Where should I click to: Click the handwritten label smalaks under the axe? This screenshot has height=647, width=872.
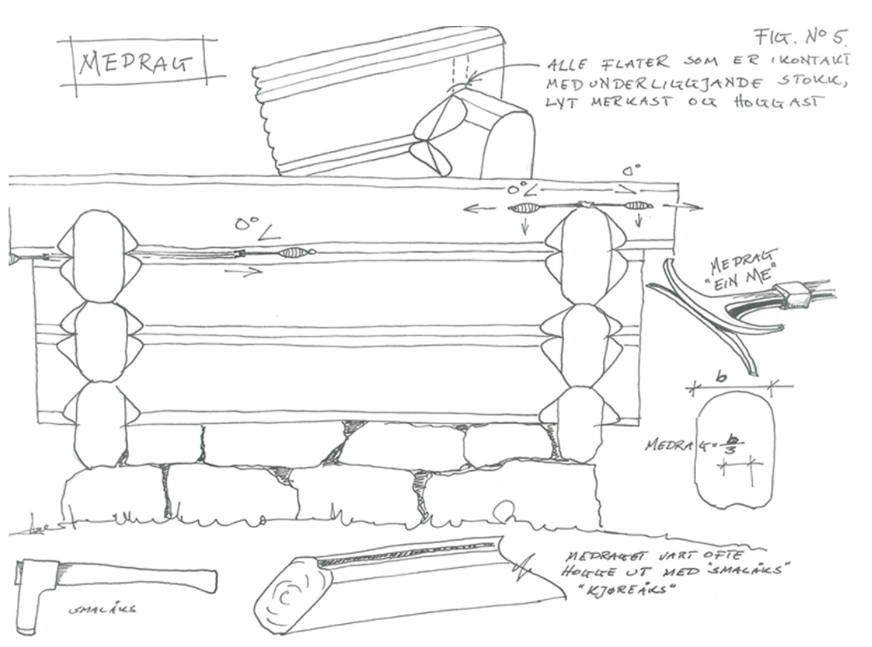point(102,609)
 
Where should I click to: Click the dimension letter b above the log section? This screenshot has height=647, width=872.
point(721,377)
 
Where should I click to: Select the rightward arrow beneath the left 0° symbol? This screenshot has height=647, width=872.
point(243,271)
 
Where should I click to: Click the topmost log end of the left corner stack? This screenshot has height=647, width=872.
point(99,254)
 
